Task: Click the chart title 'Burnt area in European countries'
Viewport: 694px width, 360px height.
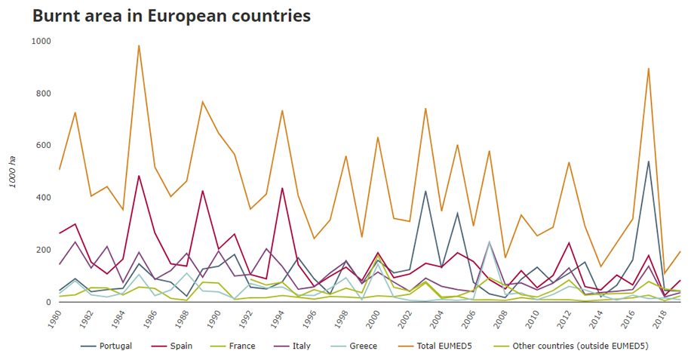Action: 171,15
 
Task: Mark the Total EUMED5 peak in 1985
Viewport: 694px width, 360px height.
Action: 139,45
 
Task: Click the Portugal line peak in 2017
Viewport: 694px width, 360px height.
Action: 648,162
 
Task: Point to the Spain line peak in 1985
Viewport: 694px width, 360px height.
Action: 139,176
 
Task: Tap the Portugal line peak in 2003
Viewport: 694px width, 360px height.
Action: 425,191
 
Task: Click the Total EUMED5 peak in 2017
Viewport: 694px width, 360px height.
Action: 648,69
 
